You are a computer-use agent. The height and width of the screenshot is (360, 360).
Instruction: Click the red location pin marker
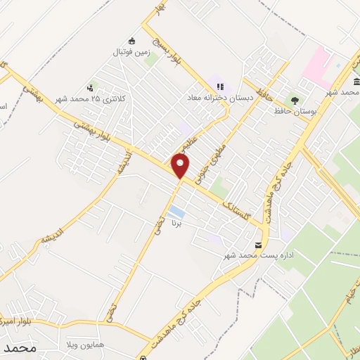(x=181, y=165)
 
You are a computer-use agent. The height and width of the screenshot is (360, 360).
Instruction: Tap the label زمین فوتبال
(x=131, y=52)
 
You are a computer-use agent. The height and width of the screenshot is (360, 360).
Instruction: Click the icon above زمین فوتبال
(x=131, y=41)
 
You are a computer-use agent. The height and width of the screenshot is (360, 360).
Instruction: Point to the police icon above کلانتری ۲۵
(x=90, y=88)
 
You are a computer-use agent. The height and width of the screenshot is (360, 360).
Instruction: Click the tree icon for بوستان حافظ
(x=295, y=99)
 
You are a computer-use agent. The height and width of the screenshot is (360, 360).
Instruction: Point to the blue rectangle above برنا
(x=176, y=212)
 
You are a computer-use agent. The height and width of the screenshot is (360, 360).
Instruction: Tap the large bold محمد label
(x=19, y=349)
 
